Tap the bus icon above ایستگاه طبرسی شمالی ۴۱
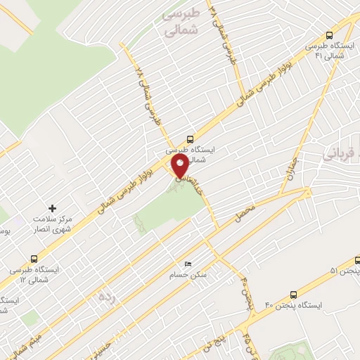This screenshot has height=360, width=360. pos(329,35)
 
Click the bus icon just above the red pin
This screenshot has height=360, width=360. pos(189,139)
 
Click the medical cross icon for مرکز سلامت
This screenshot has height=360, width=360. pos(52,208)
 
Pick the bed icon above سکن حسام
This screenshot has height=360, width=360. pos(187,264)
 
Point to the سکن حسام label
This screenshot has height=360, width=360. pos(193,274)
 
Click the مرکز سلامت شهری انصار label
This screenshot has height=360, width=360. pos(57,224)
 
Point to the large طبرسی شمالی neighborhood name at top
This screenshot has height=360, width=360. pos(181,22)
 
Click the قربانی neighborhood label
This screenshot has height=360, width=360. pos(342,153)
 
